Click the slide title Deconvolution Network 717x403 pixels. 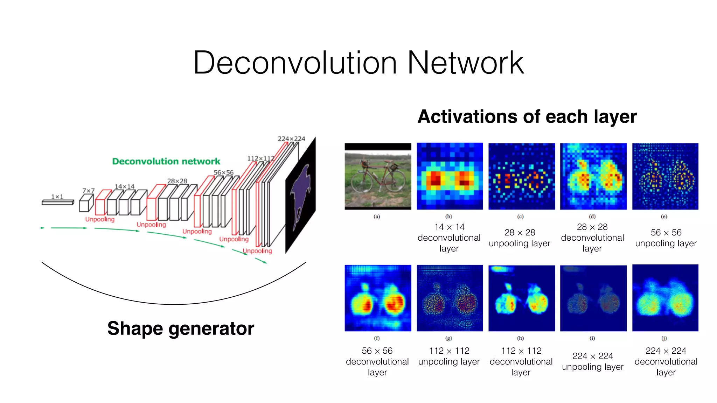point(358,63)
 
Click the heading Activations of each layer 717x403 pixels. point(527,116)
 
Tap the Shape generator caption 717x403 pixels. point(181,328)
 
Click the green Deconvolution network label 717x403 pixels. point(166,161)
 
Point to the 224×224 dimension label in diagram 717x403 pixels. point(291,139)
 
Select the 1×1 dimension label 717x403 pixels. point(57,197)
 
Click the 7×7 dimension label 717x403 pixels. point(88,190)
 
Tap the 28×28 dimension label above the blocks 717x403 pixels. point(177,181)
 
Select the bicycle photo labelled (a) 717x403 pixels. point(378,176)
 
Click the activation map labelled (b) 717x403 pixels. point(450,176)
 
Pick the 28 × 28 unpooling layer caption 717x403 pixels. point(520,238)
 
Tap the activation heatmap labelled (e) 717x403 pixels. point(665,176)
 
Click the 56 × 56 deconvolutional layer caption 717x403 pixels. point(377,361)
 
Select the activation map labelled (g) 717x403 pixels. point(450,298)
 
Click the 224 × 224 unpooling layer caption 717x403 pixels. point(593,361)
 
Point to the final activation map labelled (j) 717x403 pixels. point(665,298)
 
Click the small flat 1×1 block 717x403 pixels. point(58,202)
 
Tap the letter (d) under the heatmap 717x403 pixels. point(592,217)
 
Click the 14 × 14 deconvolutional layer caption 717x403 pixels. point(449,238)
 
